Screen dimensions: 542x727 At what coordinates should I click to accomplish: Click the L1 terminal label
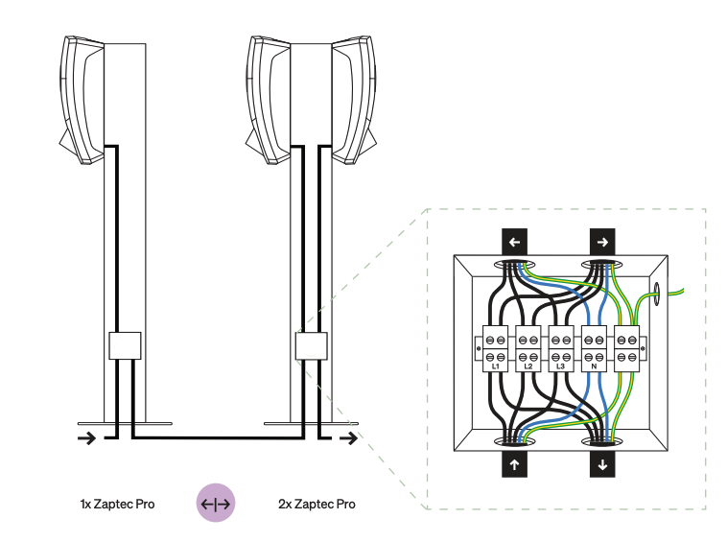(x=496, y=366)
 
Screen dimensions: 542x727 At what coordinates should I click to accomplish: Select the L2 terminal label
(x=528, y=366)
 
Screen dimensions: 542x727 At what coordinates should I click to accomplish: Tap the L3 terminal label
(x=562, y=366)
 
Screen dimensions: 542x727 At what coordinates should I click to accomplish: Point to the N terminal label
(x=595, y=366)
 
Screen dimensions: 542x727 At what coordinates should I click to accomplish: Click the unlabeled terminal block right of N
(x=627, y=349)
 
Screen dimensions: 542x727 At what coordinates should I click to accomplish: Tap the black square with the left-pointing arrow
(x=514, y=242)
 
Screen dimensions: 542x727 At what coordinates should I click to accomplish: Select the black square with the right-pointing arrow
(x=602, y=242)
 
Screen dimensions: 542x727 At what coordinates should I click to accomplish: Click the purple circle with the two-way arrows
(x=216, y=503)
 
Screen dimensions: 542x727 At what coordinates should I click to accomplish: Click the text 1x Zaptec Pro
(x=118, y=504)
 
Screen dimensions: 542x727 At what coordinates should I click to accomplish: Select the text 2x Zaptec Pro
(x=317, y=504)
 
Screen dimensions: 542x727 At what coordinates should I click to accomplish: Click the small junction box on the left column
(x=125, y=345)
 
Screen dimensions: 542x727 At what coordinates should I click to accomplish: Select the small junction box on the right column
(x=312, y=345)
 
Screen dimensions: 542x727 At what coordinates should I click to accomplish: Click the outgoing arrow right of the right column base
(x=352, y=439)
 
